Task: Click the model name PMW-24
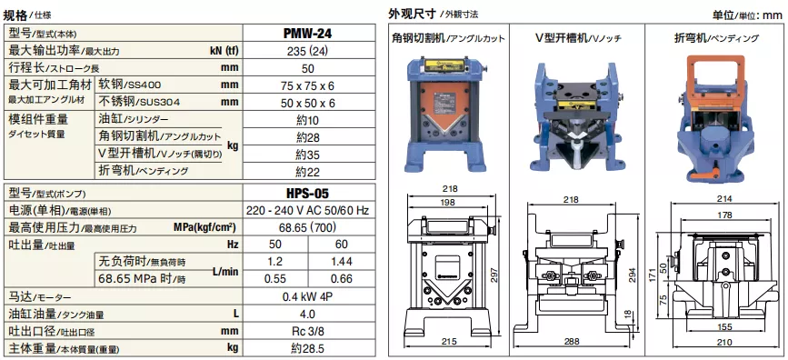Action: [308, 34]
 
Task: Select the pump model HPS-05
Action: [308, 193]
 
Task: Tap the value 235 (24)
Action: [308, 51]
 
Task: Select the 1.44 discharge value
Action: [341, 262]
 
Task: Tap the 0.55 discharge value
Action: [275, 278]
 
